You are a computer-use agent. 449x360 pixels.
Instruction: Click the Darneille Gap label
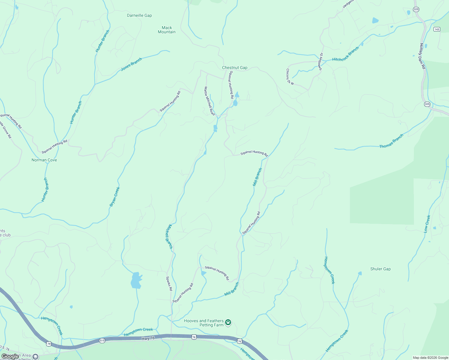[139, 15]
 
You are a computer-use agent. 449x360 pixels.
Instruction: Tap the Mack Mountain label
[167, 30]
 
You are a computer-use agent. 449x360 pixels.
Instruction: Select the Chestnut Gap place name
[235, 67]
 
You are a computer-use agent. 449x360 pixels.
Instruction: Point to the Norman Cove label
[44, 160]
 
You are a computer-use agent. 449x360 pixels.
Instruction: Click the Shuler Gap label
[380, 269]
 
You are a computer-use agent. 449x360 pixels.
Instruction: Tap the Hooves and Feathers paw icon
[228, 322]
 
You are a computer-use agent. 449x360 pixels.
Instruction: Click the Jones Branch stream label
[131, 64]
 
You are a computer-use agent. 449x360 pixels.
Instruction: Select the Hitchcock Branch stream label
[345, 54]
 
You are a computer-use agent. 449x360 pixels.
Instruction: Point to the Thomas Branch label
[391, 141]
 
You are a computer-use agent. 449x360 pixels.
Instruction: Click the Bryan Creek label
[115, 196]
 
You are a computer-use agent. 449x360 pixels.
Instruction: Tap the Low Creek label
[427, 224]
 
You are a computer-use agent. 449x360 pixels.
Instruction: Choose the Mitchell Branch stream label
[169, 237]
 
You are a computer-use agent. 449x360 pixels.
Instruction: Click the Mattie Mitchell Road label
[209, 101]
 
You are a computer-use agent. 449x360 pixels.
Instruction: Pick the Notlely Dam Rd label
[423, 56]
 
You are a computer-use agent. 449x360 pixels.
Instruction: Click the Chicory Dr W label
[290, 77]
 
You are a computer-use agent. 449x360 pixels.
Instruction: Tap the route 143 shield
[437, 29]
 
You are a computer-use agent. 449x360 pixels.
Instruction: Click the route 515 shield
[102, 340]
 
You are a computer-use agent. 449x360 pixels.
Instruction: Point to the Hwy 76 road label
[148, 338]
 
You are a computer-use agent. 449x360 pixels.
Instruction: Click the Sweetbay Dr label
[321, 61]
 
